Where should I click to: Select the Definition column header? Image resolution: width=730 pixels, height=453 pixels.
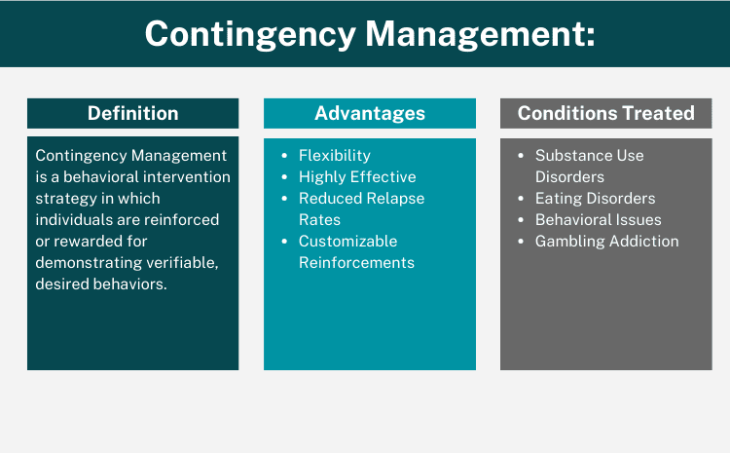click(132, 113)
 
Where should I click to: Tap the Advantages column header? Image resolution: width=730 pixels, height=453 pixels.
click(370, 113)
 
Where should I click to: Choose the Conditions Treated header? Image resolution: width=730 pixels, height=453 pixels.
click(605, 113)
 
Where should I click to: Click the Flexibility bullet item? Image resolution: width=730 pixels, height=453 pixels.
click(334, 156)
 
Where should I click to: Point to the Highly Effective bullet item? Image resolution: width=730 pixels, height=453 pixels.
click(357, 177)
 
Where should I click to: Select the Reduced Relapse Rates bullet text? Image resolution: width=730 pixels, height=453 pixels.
click(361, 208)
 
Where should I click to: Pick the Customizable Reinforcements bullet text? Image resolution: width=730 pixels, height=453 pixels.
click(356, 251)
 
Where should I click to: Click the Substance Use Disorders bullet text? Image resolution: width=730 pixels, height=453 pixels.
click(589, 166)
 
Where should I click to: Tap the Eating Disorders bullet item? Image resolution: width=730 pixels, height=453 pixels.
click(595, 199)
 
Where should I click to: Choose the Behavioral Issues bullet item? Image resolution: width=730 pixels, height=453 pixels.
click(598, 220)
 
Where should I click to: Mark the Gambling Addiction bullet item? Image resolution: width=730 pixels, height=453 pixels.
click(606, 242)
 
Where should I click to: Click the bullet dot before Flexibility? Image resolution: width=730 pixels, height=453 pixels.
click(283, 156)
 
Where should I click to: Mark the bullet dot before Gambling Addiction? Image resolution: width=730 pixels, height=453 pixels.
click(520, 242)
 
